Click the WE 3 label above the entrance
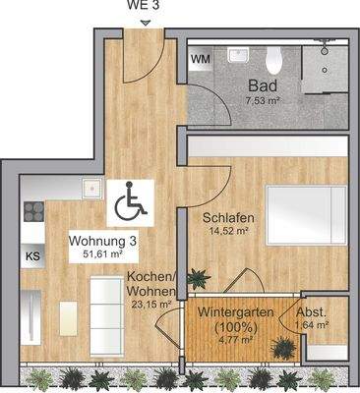tap(145, 5)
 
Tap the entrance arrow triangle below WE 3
tap(145, 22)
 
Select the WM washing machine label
tap(200, 59)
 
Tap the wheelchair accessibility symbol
tap(127, 204)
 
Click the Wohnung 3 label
tap(97, 241)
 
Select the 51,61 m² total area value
tap(102, 254)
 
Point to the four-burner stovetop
tap(31, 211)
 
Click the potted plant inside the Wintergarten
tap(284, 346)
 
